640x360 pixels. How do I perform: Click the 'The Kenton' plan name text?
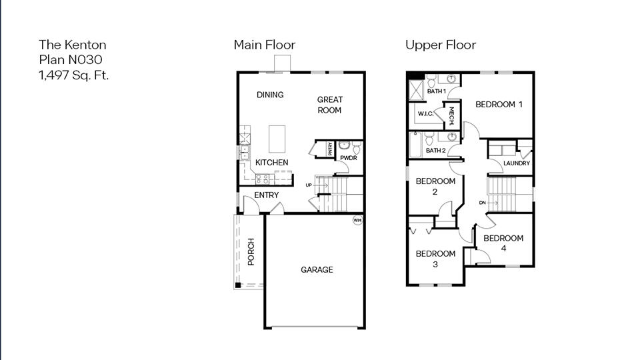pyautogui.click(x=72, y=45)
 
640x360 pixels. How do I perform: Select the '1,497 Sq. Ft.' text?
pyautogui.click(x=73, y=74)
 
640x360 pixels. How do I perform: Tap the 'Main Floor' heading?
pyautogui.click(x=264, y=45)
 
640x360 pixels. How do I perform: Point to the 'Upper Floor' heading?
pyautogui.click(x=441, y=45)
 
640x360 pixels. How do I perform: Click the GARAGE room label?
pyautogui.click(x=317, y=270)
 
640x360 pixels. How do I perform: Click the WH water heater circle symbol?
pyautogui.click(x=357, y=220)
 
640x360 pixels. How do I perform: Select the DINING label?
pyautogui.click(x=270, y=95)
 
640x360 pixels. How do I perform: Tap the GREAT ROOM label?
pyautogui.click(x=329, y=105)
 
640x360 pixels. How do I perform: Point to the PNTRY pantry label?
pyautogui.click(x=330, y=149)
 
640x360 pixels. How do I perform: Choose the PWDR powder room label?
pyautogui.click(x=348, y=159)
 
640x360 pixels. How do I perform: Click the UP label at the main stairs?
pyautogui.click(x=309, y=185)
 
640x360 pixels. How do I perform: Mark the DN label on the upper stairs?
pyautogui.click(x=482, y=203)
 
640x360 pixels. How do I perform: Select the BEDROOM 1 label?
pyautogui.click(x=499, y=105)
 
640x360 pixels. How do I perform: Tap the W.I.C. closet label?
pyautogui.click(x=426, y=114)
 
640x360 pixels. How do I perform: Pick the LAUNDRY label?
pyautogui.click(x=517, y=163)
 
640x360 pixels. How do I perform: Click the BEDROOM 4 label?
pyautogui.click(x=503, y=243)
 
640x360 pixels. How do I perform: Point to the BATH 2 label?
pyautogui.click(x=435, y=151)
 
